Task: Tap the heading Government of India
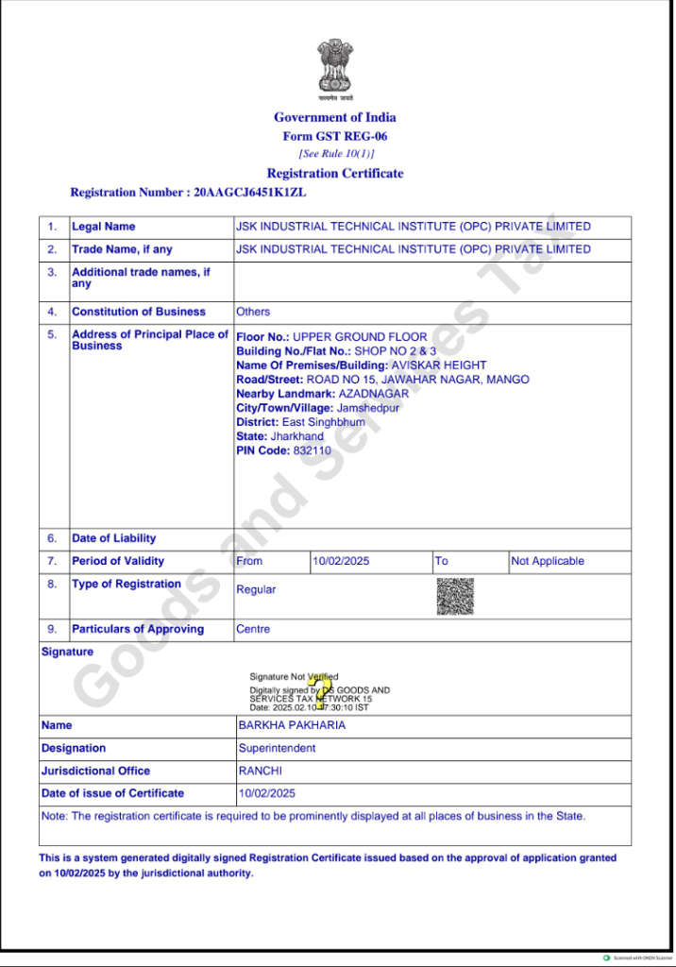point(335,117)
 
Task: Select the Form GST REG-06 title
point(335,136)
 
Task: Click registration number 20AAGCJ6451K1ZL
point(250,192)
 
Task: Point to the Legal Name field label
point(104,227)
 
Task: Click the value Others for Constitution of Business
point(253,312)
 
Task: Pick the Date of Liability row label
point(114,538)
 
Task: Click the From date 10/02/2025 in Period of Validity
point(341,561)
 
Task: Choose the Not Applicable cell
point(548,561)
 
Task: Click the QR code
point(455,596)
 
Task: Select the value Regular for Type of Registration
point(256,589)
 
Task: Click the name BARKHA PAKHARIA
point(292,725)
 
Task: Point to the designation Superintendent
point(277,748)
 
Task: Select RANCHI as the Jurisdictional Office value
point(261,771)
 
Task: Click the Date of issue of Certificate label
point(112,793)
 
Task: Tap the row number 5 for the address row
point(53,334)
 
